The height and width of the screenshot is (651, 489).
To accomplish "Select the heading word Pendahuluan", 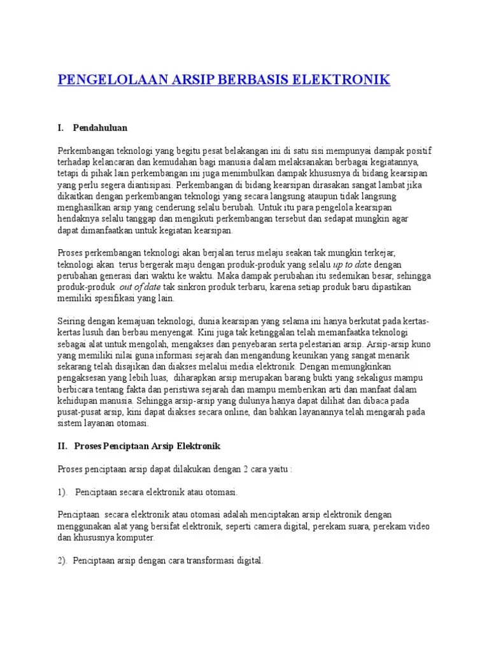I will (100, 128).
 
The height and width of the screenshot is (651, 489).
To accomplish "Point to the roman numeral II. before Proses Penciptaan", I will (62, 447).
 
